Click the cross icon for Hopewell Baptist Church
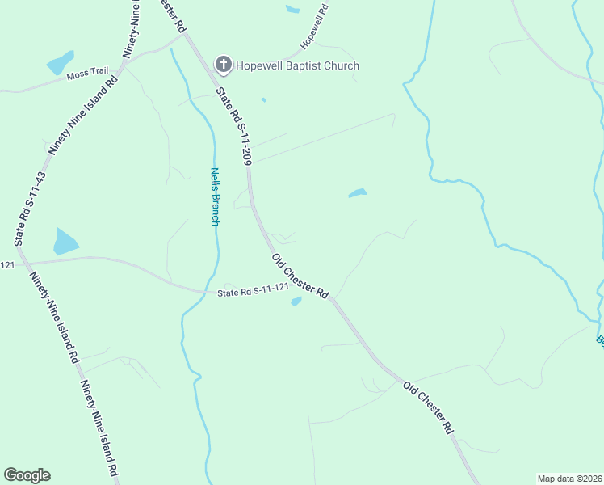pos(222,65)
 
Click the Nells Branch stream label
pos(215,196)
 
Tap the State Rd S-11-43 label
pos(30,209)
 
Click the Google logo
pos(27,475)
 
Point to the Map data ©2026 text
pos(569,479)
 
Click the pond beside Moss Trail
pos(60,62)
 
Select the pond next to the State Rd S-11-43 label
pos(65,242)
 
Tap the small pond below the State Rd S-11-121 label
pos(296,302)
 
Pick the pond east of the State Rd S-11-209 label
pos(357,193)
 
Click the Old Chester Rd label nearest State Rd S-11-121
pos(300,276)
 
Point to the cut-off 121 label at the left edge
pos(6,265)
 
